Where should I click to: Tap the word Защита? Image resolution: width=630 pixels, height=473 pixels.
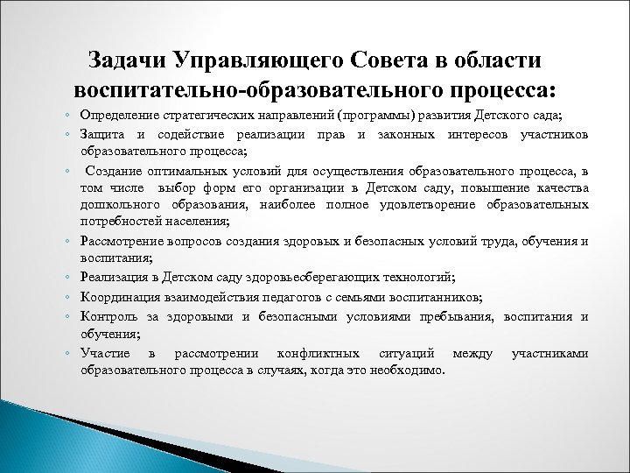[99, 134]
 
